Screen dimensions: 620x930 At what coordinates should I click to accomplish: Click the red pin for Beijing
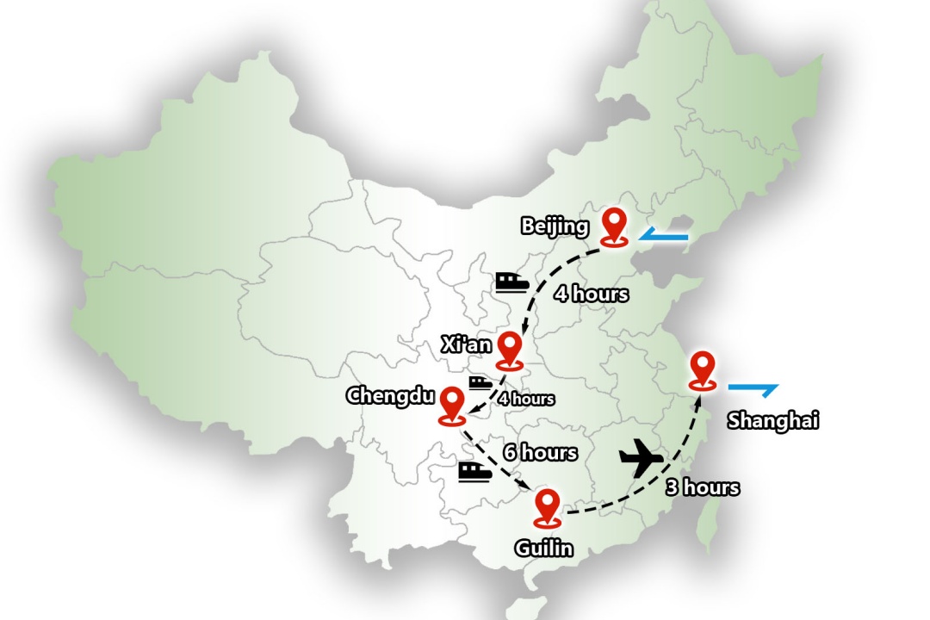click(613, 225)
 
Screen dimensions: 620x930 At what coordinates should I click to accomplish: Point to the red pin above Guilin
click(546, 505)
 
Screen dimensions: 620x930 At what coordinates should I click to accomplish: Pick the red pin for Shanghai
click(704, 369)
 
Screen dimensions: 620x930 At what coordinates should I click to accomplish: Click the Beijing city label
click(555, 226)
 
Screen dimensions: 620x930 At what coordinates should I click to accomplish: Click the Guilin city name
click(543, 548)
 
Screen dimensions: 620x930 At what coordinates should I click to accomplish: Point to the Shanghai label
click(772, 420)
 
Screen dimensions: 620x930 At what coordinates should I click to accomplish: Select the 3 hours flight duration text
click(702, 487)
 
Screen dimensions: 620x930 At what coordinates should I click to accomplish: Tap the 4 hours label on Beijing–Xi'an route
click(591, 294)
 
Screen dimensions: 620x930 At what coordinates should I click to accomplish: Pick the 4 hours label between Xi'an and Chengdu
click(525, 399)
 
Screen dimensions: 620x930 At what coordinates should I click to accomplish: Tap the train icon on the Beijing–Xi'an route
click(511, 282)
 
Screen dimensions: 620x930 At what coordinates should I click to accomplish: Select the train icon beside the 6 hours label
click(474, 470)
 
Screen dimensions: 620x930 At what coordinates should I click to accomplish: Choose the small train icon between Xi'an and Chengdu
click(480, 381)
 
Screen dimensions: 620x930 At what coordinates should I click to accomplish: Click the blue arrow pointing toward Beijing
click(664, 234)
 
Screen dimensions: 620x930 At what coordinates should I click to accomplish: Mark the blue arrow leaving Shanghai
click(753, 388)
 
